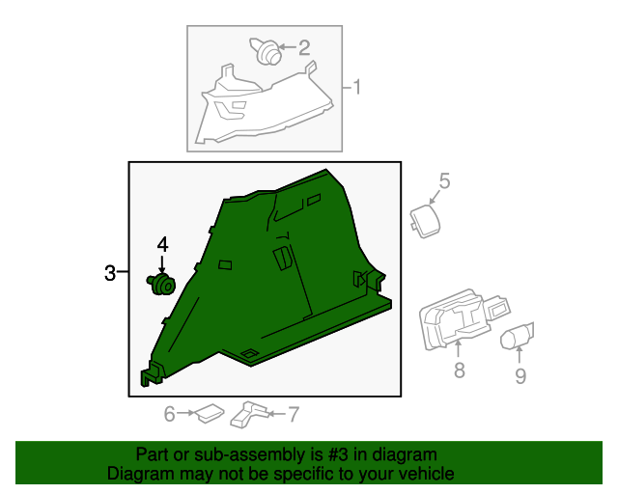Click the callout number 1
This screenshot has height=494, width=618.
(356, 87)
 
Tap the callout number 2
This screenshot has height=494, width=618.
(303, 48)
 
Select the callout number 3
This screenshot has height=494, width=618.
(110, 273)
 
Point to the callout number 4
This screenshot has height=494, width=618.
(162, 244)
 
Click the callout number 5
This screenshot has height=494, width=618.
(444, 180)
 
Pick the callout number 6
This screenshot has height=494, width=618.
(170, 414)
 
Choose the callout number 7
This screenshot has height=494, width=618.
(294, 415)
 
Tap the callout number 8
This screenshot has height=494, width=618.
(460, 370)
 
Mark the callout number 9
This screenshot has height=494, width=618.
(520, 376)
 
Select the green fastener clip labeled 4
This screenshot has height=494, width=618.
(161, 284)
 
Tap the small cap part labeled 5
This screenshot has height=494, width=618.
(425, 221)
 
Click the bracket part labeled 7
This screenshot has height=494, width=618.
(249, 415)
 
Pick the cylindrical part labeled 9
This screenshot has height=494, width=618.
(517, 336)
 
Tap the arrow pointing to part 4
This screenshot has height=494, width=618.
(161, 264)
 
